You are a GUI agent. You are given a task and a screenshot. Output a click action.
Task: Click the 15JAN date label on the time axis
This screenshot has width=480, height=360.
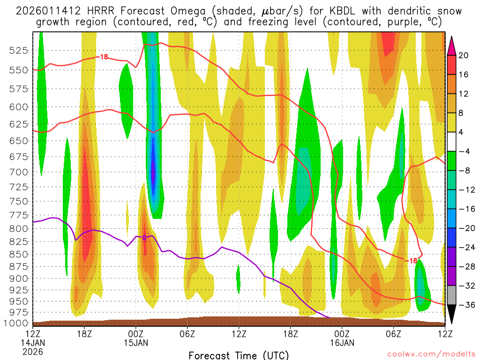[136, 343]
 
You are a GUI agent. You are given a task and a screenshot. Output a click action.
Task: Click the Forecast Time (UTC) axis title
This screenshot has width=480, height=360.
[239, 355]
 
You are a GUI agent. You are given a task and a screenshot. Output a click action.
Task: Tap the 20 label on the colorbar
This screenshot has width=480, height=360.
[464, 55]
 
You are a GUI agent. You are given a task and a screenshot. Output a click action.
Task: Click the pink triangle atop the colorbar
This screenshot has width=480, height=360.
[452, 46]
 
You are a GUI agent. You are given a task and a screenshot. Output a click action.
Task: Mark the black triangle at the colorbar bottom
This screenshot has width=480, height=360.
[452, 314]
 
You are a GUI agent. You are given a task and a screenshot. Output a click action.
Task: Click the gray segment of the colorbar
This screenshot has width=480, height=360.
[452, 295]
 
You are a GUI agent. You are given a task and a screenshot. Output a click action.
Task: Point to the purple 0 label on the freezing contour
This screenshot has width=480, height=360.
[144, 238]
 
